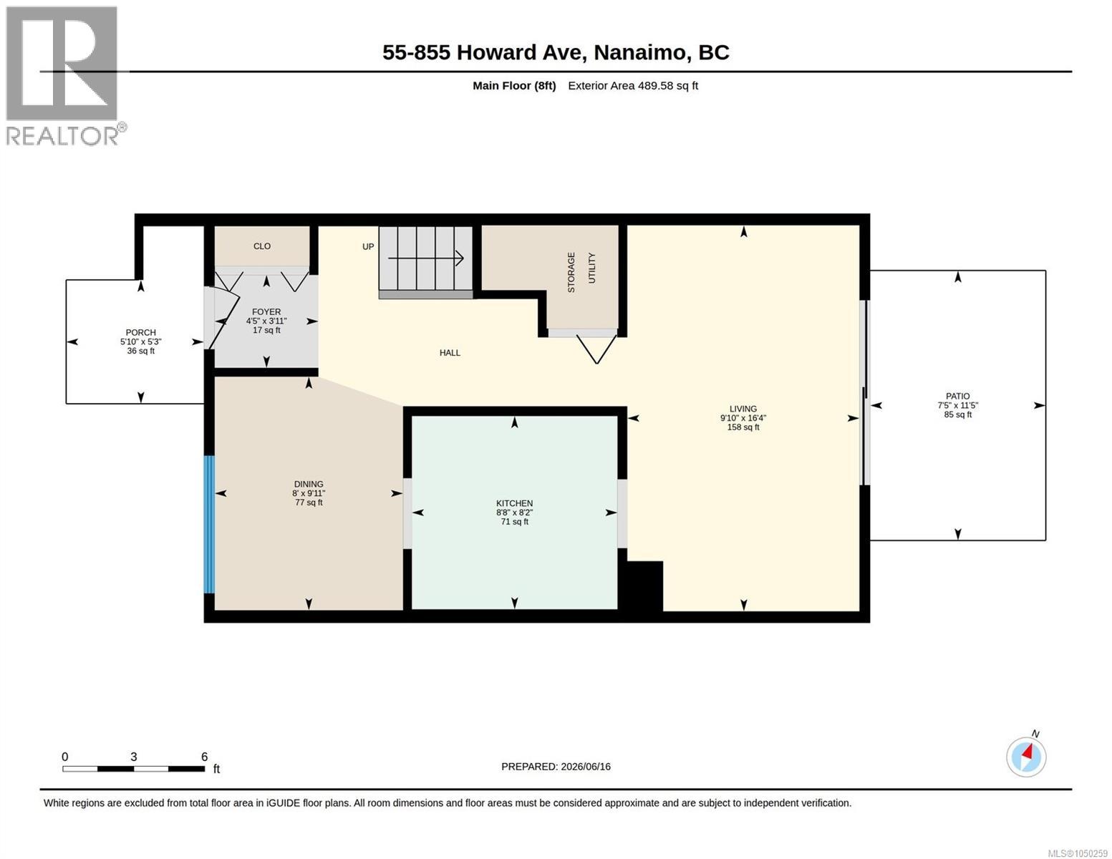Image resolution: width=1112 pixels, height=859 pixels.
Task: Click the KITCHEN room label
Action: click(x=514, y=503)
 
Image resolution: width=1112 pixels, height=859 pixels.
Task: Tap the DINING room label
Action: click(x=309, y=484)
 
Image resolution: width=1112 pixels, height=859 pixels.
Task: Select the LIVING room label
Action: click(x=743, y=409)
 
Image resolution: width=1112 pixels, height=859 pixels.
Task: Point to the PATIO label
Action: click(x=957, y=396)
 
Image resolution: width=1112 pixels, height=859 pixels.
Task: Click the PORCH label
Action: click(x=141, y=333)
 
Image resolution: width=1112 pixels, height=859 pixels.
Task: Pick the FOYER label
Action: click(x=266, y=311)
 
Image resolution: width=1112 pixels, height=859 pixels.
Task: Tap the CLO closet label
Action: click(x=262, y=246)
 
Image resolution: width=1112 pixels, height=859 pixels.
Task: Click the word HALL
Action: click(x=450, y=352)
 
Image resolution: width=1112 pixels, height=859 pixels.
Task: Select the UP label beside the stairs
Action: click(x=368, y=246)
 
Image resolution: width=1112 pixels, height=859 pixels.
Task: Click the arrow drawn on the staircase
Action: click(x=426, y=258)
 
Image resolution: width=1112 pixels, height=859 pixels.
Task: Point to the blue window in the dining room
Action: click(x=209, y=525)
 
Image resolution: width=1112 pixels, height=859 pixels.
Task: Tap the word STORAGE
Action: click(x=571, y=272)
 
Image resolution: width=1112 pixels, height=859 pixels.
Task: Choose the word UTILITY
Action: click(x=591, y=268)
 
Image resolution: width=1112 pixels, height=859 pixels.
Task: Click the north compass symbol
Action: click(x=1025, y=757)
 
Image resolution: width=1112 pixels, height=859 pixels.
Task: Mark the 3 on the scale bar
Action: click(x=134, y=757)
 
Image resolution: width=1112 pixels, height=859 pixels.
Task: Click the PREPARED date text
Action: click(x=556, y=767)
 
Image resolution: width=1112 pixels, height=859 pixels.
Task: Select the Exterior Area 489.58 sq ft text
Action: click(x=633, y=85)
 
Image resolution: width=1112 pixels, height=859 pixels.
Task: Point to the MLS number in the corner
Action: click(x=1078, y=853)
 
